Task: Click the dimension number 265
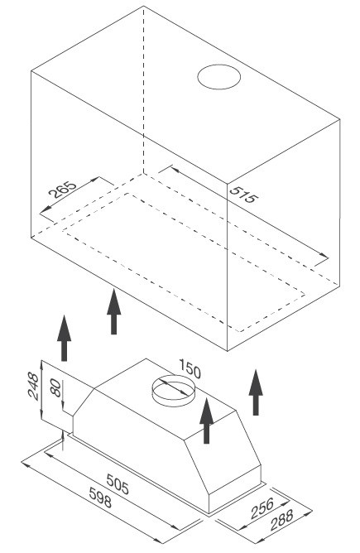62,190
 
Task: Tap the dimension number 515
243,194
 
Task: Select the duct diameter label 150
190,368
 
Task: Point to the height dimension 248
33,386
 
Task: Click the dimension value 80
55,388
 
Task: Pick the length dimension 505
118,484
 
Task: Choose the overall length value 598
100,498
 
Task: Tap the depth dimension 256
262,507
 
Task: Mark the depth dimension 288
281,520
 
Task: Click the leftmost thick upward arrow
65,338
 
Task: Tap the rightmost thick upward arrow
256,392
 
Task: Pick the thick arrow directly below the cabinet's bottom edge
114,311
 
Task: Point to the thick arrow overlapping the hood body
207,421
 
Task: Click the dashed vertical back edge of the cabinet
144,90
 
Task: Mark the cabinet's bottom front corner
228,350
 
